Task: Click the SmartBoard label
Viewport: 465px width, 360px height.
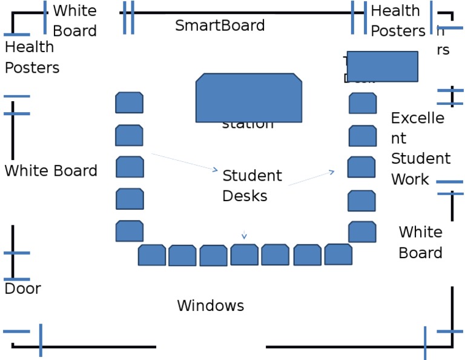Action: pyautogui.click(x=220, y=25)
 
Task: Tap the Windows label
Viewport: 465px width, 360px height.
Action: pyautogui.click(x=210, y=305)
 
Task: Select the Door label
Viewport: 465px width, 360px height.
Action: pyautogui.click(x=22, y=288)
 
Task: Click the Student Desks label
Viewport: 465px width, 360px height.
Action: pyautogui.click(x=251, y=185)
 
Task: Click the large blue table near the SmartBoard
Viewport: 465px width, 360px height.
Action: pyautogui.click(x=249, y=98)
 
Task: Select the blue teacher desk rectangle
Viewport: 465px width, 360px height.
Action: pyautogui.click(x=382, y=66)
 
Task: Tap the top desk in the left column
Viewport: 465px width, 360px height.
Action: pyautogui.click(x=129, y=102)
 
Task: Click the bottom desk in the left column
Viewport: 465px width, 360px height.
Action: pyautogui.click(x=129, y=231)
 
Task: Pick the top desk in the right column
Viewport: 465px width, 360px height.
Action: pyautogui.click(x=363, y=103)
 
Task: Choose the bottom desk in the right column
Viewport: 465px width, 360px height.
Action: pyautogui.click(x=362, y=232)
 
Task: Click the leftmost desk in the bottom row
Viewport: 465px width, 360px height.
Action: pyautogui.click(x=151, y=255)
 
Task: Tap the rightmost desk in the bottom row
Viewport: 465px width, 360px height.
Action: pyautogui.click(x=338, y=255)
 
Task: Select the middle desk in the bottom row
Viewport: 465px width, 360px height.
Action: pyautogui.click(x=244, y=255)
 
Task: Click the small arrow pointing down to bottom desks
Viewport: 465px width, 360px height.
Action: pyautogui.click(x=244, y=235)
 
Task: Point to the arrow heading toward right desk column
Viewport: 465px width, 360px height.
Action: pyautogui.click(x=311, y=178)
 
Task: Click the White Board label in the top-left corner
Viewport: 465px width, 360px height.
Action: pyautogui.click(x=74, y=21)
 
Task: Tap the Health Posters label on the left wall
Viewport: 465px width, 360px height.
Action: pyautogui.click(x=31, y=57)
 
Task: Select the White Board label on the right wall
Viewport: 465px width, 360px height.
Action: pyautogui.click(x=420, y=242)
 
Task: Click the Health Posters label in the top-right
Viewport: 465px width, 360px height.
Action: pyautogui.click(x=397, y=21)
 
